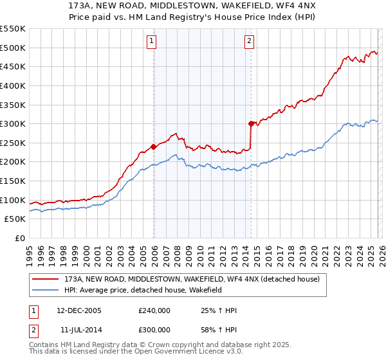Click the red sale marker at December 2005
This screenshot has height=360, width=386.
tap(154, 147)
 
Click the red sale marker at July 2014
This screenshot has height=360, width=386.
tap(251, 123)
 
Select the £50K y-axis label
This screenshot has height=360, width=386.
tap(15, 219)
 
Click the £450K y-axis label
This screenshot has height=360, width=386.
tap(14, 66)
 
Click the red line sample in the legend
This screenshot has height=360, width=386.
tap(46, 280)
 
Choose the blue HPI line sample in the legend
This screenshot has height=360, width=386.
tap(46, 291)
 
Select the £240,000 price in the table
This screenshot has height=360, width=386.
tap(154, 310)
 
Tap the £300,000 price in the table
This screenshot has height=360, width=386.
tap(154, 329)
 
